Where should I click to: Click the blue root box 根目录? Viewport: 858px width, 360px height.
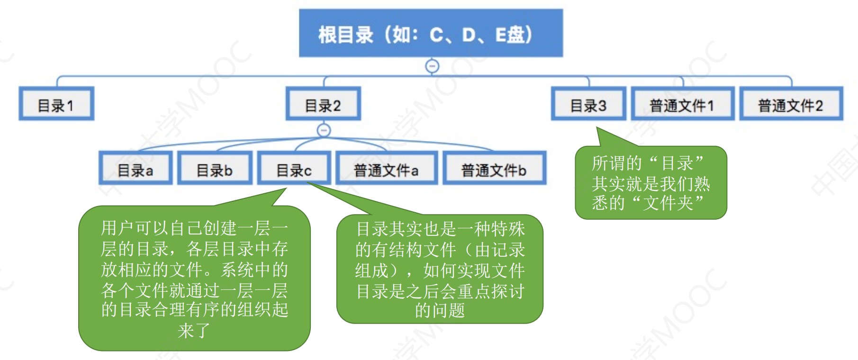point(431,33)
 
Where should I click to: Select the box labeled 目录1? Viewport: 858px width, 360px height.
point(56,104)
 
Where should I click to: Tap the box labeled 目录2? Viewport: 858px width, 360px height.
point(324,104)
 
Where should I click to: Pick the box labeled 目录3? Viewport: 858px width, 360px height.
point(589,104)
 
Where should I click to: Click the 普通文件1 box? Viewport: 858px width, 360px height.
point(683,104)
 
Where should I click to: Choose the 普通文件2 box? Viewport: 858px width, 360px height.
point(791,104)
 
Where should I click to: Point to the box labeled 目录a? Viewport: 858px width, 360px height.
point(135,168)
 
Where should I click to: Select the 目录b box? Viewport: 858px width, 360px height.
point(215,168)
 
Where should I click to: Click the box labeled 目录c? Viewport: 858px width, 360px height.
point(294,168)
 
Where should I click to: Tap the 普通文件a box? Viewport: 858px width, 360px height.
point(387,168)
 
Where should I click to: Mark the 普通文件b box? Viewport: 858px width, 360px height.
point(495,168)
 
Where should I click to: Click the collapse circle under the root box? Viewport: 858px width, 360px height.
point(432,66)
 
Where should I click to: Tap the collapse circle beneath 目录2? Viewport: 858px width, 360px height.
point(324,130)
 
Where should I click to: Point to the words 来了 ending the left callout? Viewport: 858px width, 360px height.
point(194,331)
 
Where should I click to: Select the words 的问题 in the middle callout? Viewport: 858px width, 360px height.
point(440,310)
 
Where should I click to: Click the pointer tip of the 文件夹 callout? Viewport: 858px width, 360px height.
point(596,127)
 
